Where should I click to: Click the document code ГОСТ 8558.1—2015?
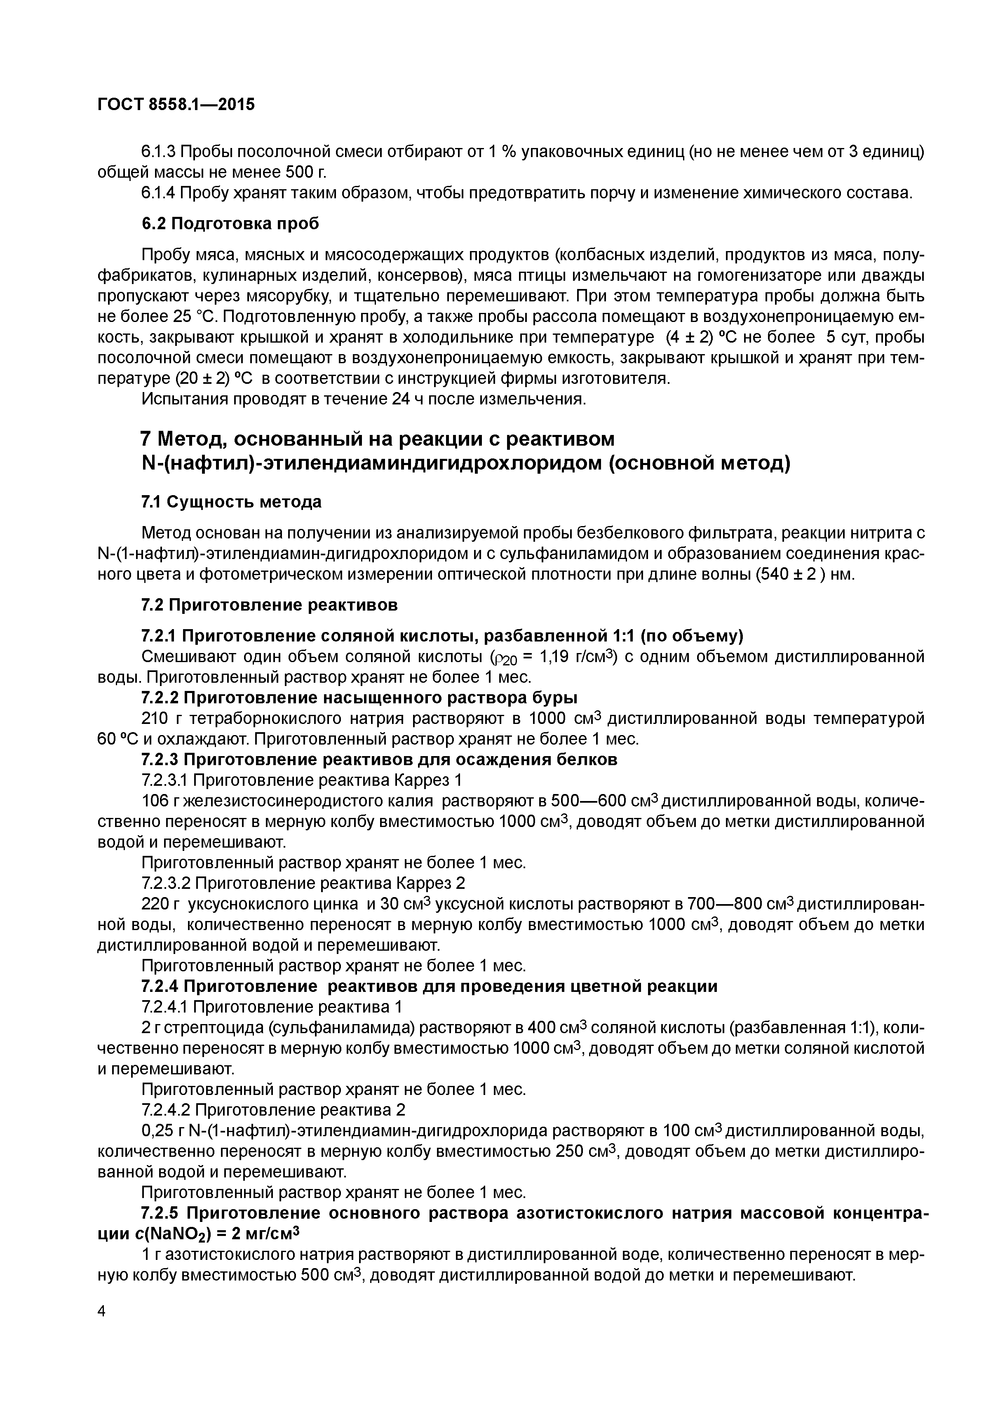(176, 105)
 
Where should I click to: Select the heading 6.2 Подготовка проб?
(230, 224)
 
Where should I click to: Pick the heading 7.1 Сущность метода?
(231, 502)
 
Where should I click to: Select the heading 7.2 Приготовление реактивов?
(269, 605)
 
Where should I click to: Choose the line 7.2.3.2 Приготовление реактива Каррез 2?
(303, 883)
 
